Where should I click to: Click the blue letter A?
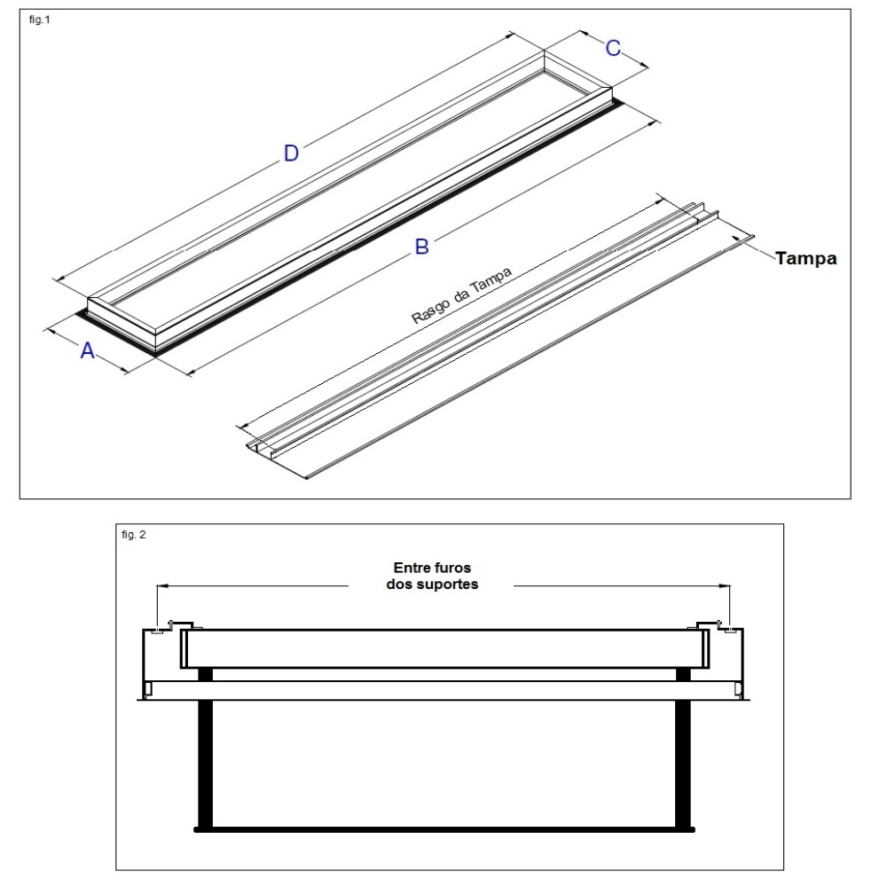[87, 351]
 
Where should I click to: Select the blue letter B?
[422, 247]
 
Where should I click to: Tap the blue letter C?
[613, 49]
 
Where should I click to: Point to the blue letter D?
[290, 153]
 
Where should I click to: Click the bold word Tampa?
[805, 259]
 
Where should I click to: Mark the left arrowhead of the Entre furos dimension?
[163, 585]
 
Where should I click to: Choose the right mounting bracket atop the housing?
[707, 626]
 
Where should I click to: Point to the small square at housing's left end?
[149, 689]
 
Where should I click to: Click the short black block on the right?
[683, 674]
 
